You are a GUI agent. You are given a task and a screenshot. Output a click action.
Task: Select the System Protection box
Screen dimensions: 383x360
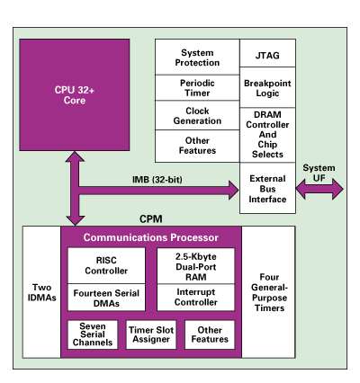tap(197, 59)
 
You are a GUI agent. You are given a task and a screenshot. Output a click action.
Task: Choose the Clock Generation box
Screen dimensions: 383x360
tap(197, 117)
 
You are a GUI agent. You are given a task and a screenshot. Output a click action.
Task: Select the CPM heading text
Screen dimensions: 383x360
tap(149, 218)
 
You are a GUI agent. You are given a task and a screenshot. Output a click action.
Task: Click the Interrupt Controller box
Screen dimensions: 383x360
tap(196, 297)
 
